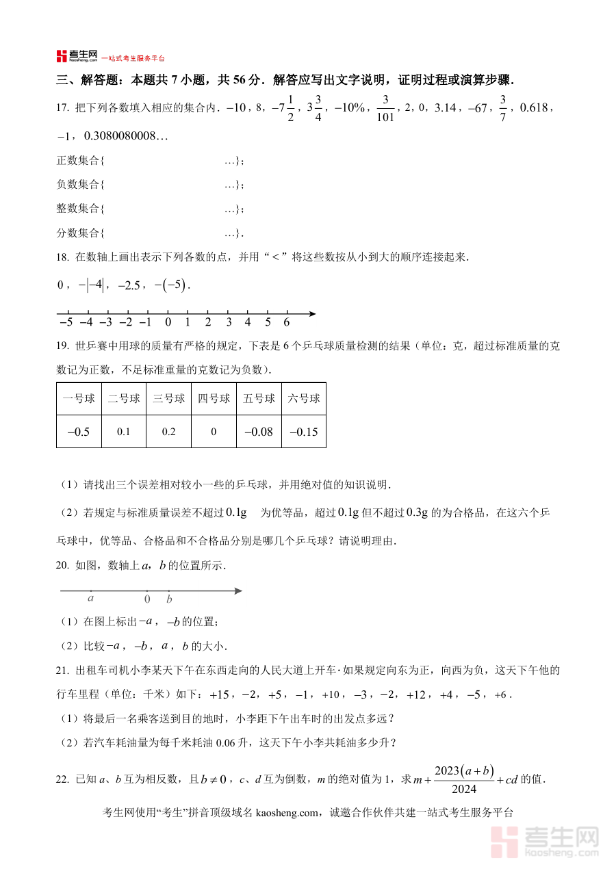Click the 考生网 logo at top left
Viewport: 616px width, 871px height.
point(77,56)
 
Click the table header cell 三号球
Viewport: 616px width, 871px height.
point(168,399)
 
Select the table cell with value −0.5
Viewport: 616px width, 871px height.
point(79,432)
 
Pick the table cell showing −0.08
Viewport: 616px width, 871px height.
point(258,432)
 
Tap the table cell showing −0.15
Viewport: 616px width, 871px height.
point(303,432)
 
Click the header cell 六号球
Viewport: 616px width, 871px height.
point(303,399)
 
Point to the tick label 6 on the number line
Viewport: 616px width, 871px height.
point(287,322)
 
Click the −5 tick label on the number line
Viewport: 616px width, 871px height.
point(66,322)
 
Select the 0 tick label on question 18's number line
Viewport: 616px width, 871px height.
point(168,322)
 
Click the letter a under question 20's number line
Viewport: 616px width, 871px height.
point(90,598)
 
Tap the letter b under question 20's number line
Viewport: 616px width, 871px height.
point(169,599)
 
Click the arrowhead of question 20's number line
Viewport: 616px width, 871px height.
point(238,590)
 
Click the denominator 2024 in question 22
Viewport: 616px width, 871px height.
point(464,789)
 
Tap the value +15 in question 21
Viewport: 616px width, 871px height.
point(218,694)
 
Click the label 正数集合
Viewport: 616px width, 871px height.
point(78,161)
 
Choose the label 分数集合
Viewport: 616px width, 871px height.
point(78,233)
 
